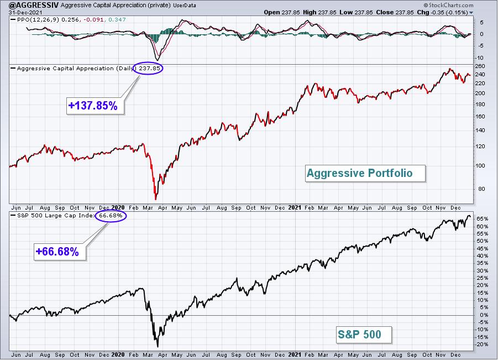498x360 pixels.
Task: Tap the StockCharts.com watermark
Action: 448,5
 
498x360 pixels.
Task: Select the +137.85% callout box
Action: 95,106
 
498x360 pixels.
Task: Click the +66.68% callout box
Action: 60,252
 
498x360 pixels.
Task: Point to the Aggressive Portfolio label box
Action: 365,173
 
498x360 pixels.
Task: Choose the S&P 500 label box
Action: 364,334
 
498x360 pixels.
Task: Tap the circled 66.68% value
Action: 111,216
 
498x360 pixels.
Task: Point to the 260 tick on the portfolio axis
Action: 480,66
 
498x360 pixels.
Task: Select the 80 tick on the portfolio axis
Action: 481,189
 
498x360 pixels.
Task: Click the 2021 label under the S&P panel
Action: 295,354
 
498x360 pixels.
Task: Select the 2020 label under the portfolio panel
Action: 118,207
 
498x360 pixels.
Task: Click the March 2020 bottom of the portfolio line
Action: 156,200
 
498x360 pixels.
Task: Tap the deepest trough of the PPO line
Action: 157,60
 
